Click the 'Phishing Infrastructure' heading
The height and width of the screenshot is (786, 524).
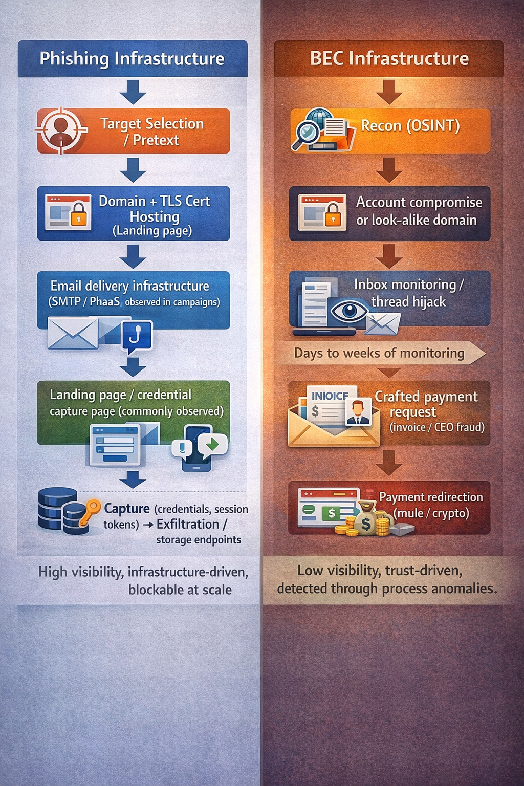[x=132, y=59]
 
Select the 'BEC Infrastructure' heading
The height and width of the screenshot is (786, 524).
[x=389, y=59]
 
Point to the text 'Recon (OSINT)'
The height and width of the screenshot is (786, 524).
[x=410, y=125]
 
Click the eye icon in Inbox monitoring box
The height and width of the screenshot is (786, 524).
[x=350, y=311]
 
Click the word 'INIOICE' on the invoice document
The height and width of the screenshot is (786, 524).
[x=330, y=396]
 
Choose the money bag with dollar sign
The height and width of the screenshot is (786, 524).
[x=365, y=521]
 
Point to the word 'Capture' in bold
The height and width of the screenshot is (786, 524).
[x=127, y=509]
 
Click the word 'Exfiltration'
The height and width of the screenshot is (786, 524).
[x=188, y=525]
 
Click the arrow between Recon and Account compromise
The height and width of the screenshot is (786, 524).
[x=389, y=169]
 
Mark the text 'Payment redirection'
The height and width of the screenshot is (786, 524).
[x=431, y=497]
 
